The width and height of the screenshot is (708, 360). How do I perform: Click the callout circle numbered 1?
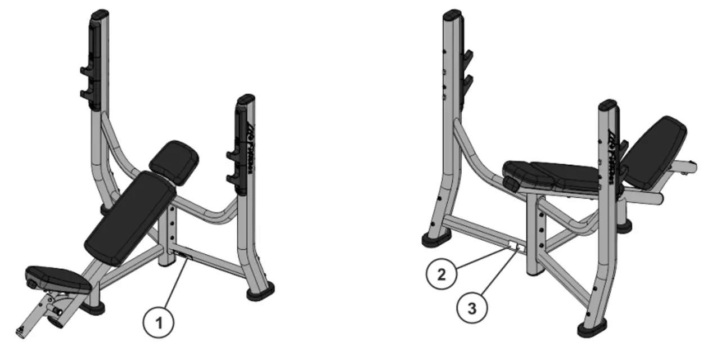160,323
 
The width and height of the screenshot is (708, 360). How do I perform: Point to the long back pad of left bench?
130,217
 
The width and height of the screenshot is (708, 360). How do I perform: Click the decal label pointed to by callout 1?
183,256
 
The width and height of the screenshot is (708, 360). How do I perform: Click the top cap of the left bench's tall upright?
99,13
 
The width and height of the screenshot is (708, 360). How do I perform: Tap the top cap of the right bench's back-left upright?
453,13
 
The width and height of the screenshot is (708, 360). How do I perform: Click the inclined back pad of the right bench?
656,152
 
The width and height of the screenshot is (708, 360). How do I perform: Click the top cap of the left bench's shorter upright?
246,100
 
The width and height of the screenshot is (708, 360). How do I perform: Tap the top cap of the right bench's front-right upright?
608,105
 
